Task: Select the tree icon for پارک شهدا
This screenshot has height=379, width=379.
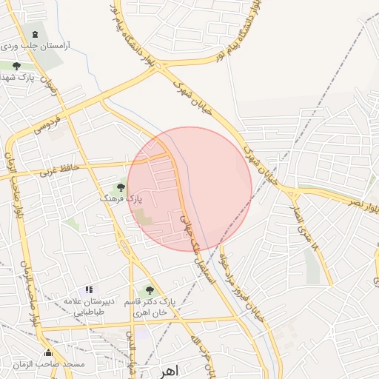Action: tap(17, 66)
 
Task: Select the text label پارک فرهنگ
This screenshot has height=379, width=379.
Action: tap(121, 200)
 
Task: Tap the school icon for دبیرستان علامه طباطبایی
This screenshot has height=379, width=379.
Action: tap(89, 289)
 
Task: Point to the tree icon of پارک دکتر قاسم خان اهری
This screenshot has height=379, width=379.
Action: tap(150, 291)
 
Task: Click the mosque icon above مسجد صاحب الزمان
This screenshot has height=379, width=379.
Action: tap(48, 353)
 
